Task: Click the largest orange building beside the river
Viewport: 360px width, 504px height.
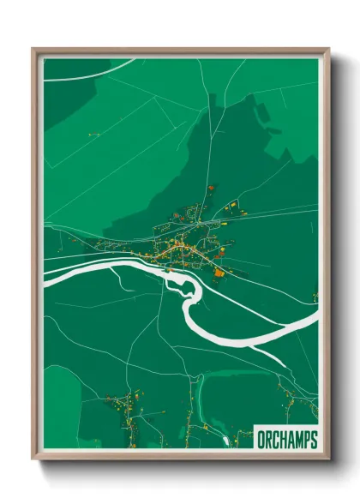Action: click(x=219, y=273)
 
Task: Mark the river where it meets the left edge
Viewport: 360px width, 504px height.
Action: click(x=48, y=274)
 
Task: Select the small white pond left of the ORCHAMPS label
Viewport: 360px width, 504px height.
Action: click(x=226, y=441)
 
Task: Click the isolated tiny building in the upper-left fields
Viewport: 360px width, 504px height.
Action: click(x=90, y=134)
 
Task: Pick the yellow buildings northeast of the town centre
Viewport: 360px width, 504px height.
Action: click(x=231, y=207)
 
